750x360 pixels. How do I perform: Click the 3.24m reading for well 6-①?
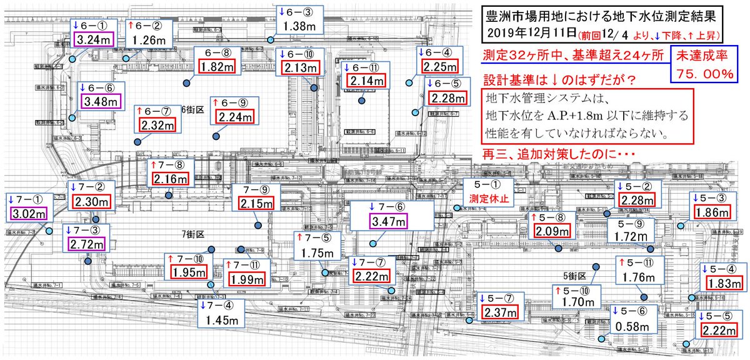pos(92,39)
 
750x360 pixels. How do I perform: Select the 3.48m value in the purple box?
pos(98,99)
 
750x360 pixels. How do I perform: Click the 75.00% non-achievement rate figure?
pos(705,74)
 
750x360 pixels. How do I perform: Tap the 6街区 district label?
pos(193,109)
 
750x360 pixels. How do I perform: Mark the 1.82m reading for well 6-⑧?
pos(216,66)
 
